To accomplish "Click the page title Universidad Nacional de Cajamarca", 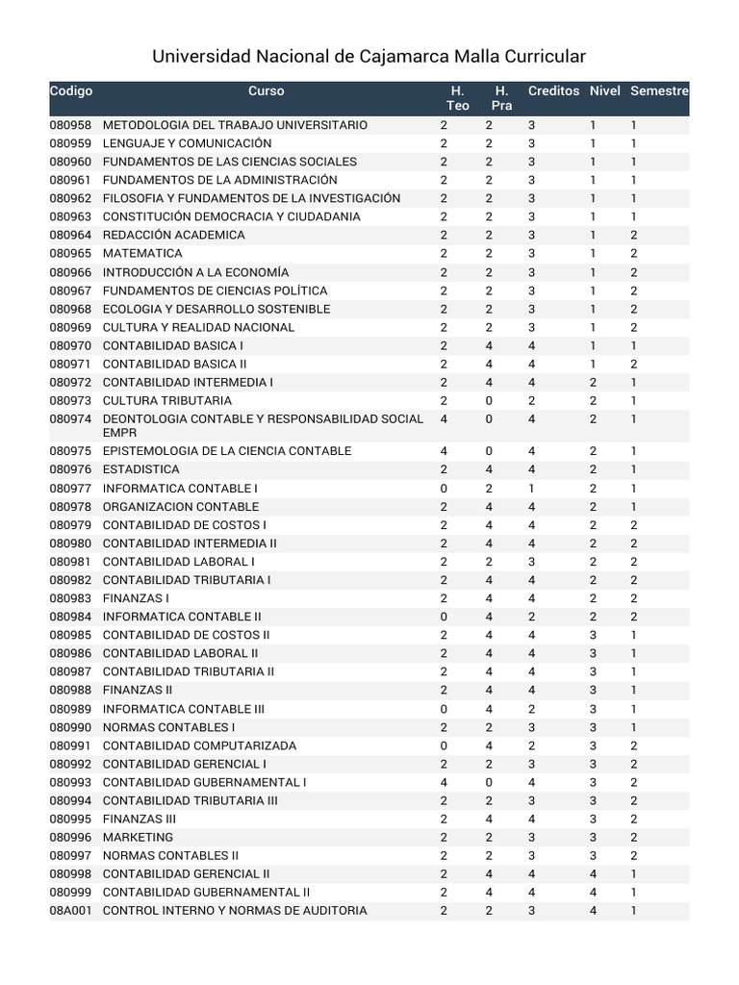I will coord(369,57).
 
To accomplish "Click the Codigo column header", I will coord(71,91).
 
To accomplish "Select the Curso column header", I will coord(267,91).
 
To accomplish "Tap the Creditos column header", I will coord(553,91).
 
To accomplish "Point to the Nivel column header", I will coord(605,91).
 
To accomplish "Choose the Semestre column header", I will coord(659,91).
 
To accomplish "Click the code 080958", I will coord(70,125).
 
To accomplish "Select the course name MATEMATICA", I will coord(142,254).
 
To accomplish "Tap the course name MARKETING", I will coord(139,838).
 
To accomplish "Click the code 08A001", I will coord(70,911).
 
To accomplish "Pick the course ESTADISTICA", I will coord(141,469).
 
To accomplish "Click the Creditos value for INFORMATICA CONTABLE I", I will coord(531,489).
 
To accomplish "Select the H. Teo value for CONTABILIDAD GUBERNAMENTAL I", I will coord(444,782).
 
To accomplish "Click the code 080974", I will coord(70,419).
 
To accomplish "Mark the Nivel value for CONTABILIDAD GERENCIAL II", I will coord(593,874).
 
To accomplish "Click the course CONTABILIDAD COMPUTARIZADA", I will coord(199,745).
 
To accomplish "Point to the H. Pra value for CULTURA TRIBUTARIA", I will coord(489,400).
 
